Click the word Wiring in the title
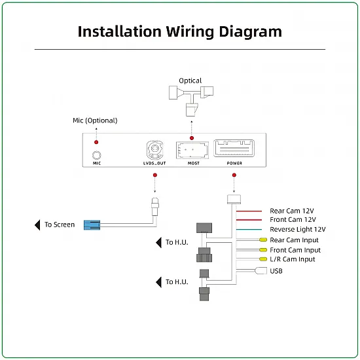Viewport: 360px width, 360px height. pos(190,31)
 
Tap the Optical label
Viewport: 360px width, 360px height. pos(190,81)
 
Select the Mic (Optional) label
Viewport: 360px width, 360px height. pos(95,120)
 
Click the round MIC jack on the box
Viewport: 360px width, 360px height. pos(96,155)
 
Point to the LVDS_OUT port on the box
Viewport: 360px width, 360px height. pos(154,150)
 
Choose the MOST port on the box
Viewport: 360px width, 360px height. pos(192,150)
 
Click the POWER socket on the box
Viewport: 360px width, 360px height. pos(234,149)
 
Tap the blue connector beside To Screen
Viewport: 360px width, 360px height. pos(92,225)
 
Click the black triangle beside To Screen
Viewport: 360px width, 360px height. pos(37,225)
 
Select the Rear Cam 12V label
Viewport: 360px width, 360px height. pos(292,211)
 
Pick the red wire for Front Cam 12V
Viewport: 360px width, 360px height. pos(249,220)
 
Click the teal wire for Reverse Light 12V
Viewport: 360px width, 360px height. pos(249,229)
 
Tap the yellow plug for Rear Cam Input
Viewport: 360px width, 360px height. pos(263,240)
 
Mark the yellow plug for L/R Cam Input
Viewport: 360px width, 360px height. pos(263,259)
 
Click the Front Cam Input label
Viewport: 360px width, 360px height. pos(295,250)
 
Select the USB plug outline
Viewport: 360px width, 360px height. pos(261,271)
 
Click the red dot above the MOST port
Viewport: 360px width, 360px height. pos(192,138)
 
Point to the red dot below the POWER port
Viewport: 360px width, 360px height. pos(234,175)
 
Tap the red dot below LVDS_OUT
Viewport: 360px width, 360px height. pos(155,175)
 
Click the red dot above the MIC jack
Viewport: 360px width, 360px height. pos(96,142)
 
